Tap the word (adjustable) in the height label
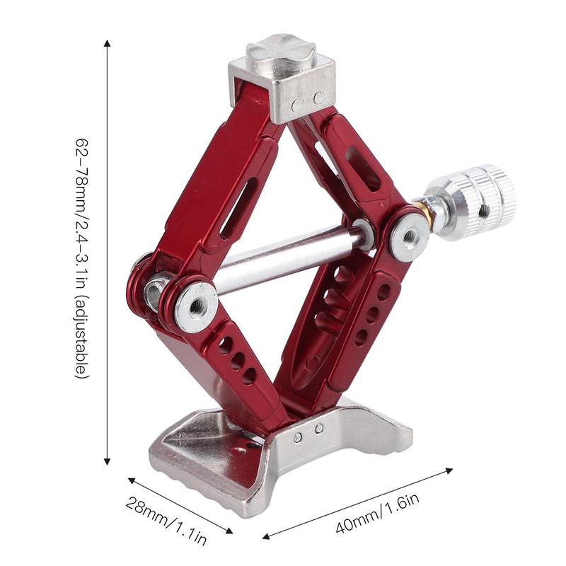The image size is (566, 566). click(x=83, y=329)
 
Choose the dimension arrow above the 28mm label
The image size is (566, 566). click(x=180, y=505)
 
